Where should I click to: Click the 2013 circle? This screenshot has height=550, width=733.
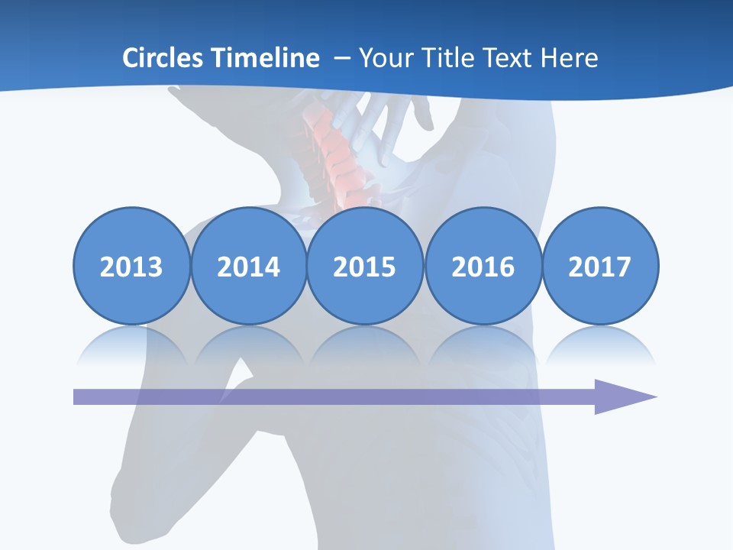[131, 266]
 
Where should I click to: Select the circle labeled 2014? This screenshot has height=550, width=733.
[248, 266]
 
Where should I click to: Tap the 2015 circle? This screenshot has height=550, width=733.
[365, 266]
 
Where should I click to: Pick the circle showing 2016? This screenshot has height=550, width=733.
[483, 266]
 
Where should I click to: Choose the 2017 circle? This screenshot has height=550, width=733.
[599, 266]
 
